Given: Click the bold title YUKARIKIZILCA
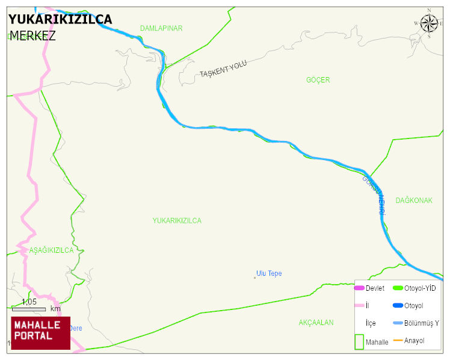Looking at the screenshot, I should pos(60,19).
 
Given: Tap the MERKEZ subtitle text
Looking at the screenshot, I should pos(32,36).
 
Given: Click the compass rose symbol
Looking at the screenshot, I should pos(429,23).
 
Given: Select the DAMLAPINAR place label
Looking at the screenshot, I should pos(161,28).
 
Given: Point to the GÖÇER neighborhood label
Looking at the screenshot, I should pos(318,80).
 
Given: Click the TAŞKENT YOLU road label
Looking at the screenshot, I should pos(223,70).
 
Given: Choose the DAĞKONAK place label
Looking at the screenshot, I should pos(414,200).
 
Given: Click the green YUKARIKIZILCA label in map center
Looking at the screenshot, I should pos(177,221).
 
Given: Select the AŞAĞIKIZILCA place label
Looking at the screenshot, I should pos(51,250).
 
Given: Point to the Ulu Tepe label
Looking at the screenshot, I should pos(269,274).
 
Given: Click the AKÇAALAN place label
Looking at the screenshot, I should pos(316,323).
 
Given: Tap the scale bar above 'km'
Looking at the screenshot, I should pos(29,309).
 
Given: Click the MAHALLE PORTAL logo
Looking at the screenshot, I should pos(41,333).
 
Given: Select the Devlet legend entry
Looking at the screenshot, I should pos(369,288).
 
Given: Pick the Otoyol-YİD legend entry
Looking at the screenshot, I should pos(415,288).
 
